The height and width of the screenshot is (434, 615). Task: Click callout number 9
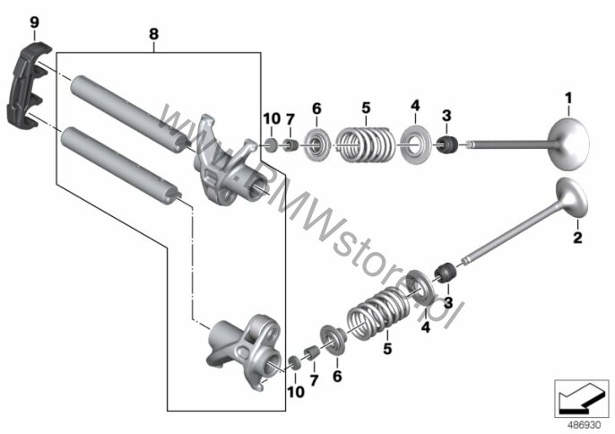pyautogui.click(x=34, y=22)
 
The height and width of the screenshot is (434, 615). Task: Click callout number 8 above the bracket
pyautogui.click(x=154, y=34)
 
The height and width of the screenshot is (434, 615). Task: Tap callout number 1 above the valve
pyautogui.click(x=568, y=98)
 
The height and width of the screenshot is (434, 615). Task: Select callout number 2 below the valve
pyautogui.click(x=577, y=238)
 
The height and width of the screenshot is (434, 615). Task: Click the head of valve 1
pyautogui.click(x=568, y=144)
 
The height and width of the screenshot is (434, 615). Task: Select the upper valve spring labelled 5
pyautogui.click(x=366, y=143)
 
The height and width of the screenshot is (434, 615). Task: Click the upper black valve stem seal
pyautogui.click(x=447, y=144)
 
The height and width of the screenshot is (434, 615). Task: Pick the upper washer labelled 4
pyautogui.click(x=415, y=143)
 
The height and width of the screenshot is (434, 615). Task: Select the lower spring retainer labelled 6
pyautogui.click(x=333, y=340)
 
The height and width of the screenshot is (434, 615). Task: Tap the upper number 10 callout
pyautogui.click(x=272, y=118)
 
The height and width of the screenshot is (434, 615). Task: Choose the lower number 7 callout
pyautogui.click(x=314, y=380)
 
